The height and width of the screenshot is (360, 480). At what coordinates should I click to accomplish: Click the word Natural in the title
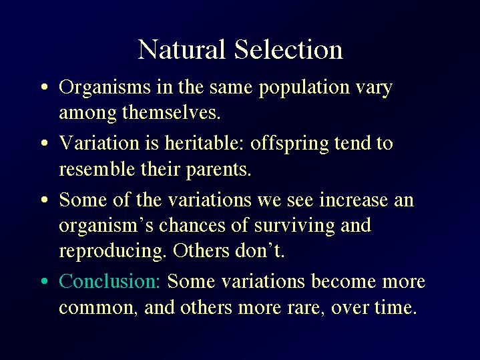181,49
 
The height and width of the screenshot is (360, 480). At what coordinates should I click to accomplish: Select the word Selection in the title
288,49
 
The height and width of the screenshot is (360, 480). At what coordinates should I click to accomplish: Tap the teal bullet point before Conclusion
45,281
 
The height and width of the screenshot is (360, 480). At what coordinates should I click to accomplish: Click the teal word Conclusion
109,281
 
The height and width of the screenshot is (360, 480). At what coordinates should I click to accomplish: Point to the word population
304,88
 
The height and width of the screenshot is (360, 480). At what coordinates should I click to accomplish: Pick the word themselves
171,113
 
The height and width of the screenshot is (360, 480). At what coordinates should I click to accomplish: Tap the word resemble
97,169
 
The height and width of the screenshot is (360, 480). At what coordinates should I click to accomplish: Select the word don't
259,250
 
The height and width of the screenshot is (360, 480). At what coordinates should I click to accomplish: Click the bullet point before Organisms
45,87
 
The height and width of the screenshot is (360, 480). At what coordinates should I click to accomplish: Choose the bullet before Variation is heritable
45,143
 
